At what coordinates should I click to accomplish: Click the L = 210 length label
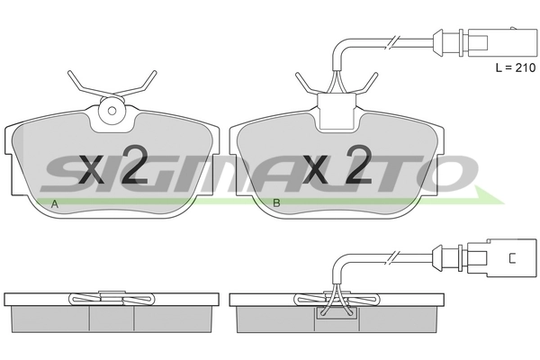coord(516,67)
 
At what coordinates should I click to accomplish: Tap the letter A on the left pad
coord(54,204)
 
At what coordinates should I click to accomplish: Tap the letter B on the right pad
coord(276,202)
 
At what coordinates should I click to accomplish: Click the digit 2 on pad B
coord(358,164)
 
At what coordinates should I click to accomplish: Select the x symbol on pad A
coord(92,169)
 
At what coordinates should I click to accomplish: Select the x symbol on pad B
coord(315,169)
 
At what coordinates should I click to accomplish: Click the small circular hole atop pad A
coord(112,111)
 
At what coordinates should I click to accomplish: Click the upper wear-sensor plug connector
coord(484,42)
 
